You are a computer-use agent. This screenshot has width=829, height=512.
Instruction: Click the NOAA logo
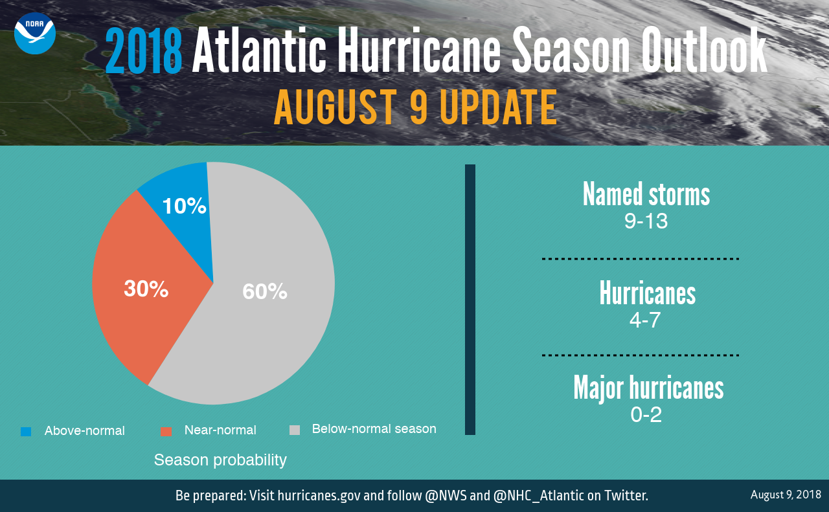[35, 34]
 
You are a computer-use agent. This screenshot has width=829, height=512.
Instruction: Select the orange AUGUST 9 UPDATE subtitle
[415, 107]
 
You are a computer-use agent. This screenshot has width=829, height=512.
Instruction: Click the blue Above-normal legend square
[26, 431]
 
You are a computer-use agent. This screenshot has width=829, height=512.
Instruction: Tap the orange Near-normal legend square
[166, 431]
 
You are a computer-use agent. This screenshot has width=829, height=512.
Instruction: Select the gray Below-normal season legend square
[295, 430]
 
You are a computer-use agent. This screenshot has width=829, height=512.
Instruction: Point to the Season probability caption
[220, 460]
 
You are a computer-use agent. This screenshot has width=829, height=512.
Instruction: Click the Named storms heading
[646, 194]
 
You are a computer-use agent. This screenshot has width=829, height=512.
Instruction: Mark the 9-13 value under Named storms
[646, 221]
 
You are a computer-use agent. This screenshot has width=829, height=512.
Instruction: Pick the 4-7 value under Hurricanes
[645, 320]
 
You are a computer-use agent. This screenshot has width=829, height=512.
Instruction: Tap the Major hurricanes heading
[648, 387]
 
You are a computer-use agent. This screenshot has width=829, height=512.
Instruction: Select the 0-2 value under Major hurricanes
[646, 414]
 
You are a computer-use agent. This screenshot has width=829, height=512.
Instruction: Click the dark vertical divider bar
[470, 299]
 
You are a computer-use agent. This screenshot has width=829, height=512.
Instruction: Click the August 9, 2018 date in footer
[786, 495]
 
